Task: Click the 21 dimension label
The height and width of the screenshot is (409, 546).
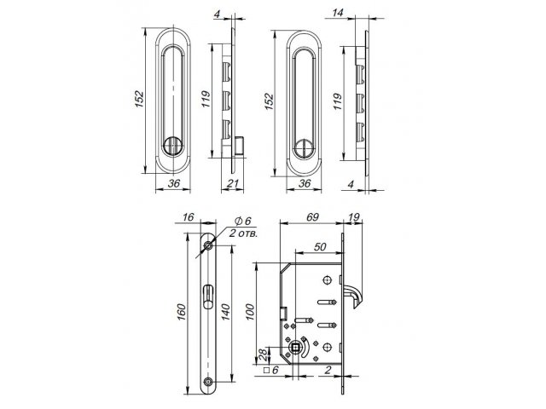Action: pyautogui.click(x=233, y=183)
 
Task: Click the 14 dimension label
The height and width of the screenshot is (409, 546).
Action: pyautogui.click(x=338, y=13)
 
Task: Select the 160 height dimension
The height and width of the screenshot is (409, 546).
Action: pyautogui.click(x=182, y=312)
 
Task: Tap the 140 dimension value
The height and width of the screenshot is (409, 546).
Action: pyautogui.click(x=225, y=312)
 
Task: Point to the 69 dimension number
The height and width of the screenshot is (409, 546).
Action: pyautogui.click(x=312, y=217)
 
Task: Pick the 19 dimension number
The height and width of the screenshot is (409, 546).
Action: pyautogui.click(x=353, y=217)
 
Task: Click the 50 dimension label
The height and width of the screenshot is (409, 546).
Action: pyautogui.click(x=320, y=246)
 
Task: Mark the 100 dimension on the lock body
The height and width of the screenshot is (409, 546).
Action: pyautogui.click(x=250, y=312)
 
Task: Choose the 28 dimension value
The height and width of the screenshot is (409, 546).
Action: pyautogui.click(x=264, y=354)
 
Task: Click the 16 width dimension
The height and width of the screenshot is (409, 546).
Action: pyautogui.click(x=188, y=217)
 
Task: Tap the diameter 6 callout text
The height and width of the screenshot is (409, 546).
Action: pyautogui.click(x=243, y=221)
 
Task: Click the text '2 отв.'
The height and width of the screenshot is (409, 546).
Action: pyautogui.click(x=243, y=233)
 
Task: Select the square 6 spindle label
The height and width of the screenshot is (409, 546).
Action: pyautogui.click(x=271, y=370)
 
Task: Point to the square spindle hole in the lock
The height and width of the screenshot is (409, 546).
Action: pyautogui.click(x=295, y=347)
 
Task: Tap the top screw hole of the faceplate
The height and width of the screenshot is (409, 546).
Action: pyautogui.click(x=208, y=246)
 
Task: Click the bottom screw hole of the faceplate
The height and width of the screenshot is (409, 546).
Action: pyautogui.click(x=208, y=381)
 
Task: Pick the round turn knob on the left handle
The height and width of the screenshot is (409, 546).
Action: pyautogui.click(x=173, y=146)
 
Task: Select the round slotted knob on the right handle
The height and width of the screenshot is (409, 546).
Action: pyautogui.click(x=305, y=148)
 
